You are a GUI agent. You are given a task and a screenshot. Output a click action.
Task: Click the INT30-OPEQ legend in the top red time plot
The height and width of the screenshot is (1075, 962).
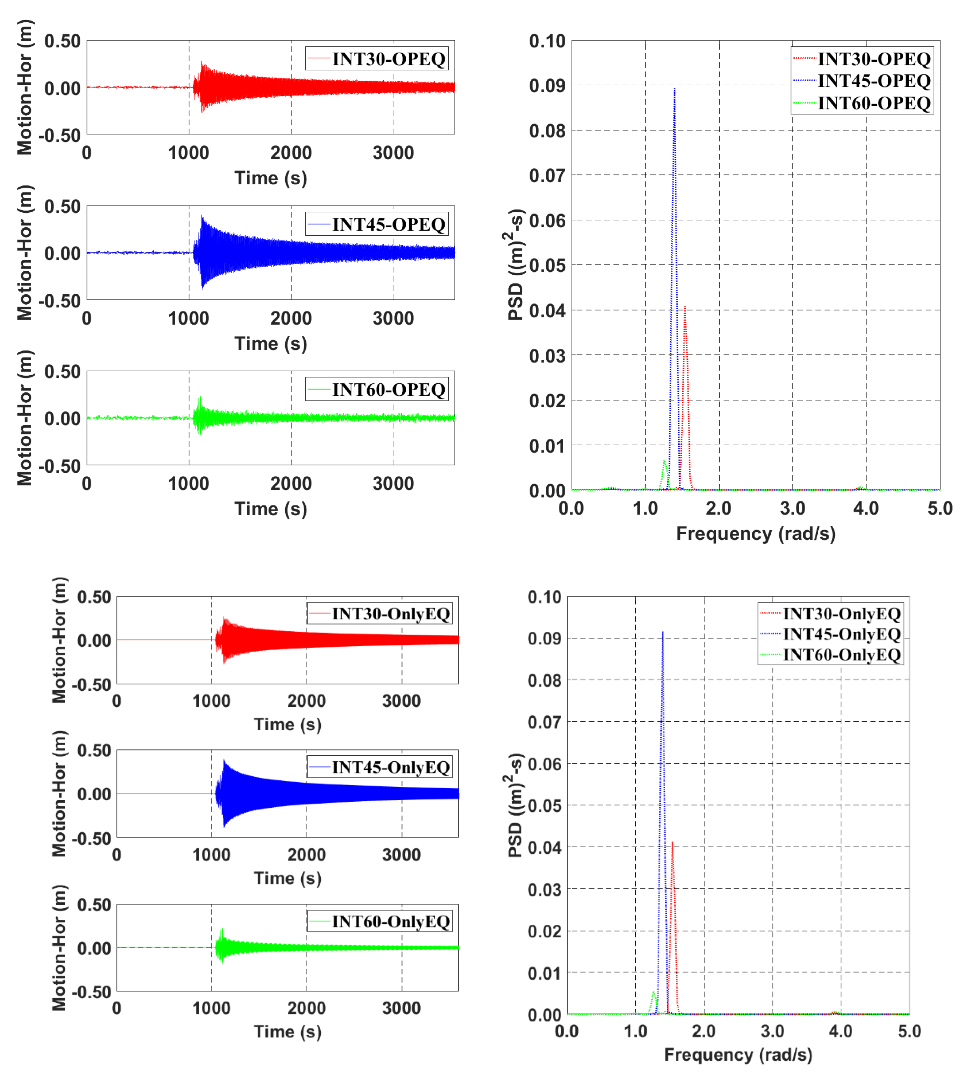[x=377, y=59]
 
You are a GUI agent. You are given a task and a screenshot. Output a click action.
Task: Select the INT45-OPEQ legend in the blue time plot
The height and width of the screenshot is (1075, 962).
[x=377, y=224]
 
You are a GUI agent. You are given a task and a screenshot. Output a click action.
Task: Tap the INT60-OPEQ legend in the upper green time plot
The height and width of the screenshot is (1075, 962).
[x=377, y=389]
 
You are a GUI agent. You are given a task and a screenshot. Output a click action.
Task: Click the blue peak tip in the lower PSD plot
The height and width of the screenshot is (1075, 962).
[x=662, y=632]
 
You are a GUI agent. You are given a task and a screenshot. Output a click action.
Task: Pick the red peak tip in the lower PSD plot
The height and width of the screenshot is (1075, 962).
[x=672, y=842]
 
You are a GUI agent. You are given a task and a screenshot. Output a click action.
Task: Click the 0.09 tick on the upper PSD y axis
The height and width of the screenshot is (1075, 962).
[x=547, y=86]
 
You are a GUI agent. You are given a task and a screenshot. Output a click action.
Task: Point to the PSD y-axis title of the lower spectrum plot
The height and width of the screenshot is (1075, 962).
[x=515, y=805]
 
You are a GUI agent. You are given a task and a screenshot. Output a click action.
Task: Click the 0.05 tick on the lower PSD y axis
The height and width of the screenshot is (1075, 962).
[x=544, y=805]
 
